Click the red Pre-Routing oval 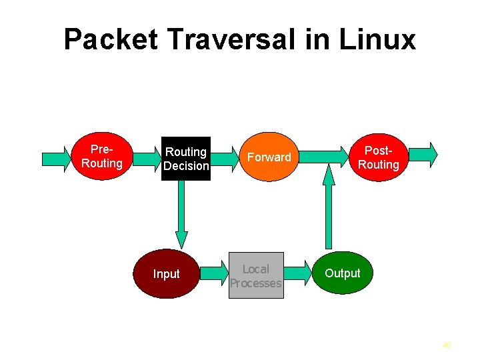point(101,157)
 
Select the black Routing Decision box point(186,159)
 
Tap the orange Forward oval point(269,157)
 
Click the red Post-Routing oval point(378,157)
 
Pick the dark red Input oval point(166,274)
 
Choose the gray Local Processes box point(256,275)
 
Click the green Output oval point(342,273)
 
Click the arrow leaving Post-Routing point(424,154)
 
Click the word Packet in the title point(111,40)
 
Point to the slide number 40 point(447,345)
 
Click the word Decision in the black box point(186,166)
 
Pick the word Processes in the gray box point(256,283)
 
